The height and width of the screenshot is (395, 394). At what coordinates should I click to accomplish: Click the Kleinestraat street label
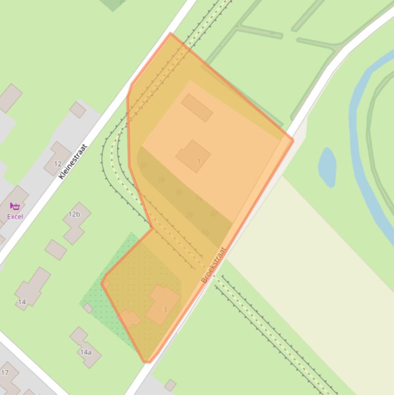(x=73, y=161)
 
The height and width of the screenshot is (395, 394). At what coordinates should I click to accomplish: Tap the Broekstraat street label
(x=214, y=265)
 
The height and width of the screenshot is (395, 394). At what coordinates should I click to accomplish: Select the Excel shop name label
(x=15, y=216)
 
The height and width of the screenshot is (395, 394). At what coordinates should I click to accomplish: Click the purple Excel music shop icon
(x=15, y=206)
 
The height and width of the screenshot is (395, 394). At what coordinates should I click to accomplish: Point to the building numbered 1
(x=193, y=155)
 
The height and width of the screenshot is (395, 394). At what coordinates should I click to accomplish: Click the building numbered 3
(x=163, y=304)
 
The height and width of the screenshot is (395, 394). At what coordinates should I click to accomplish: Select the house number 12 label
(x=58, y=164)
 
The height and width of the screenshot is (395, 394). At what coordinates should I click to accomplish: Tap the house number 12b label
(x=74, y=214)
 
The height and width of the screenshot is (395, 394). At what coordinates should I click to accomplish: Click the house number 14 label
(x=22, y=302)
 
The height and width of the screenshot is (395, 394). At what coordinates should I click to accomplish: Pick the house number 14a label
(x=86, y=352)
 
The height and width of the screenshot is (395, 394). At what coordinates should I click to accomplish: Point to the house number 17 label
(x=5, y=372)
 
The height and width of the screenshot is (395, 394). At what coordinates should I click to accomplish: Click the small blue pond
(x=327, y=167)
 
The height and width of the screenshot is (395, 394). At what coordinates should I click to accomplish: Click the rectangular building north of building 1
(x=197, y=107)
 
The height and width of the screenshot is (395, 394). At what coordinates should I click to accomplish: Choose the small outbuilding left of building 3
(x=130, y=319)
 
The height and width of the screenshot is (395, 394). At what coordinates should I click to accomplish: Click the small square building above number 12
(x=78, y=109)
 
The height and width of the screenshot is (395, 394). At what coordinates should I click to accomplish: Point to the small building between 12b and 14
(x=55, y=250)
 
